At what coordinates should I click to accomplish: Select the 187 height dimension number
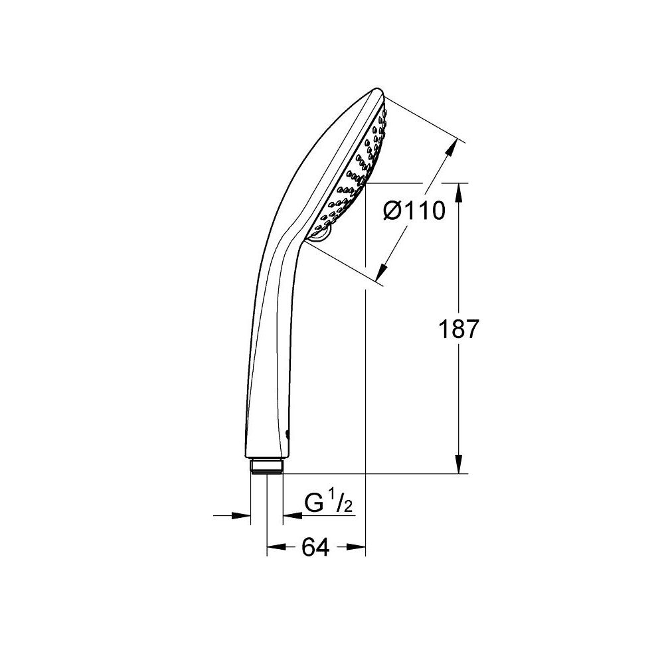(x=458, y=329)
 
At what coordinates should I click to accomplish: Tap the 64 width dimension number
(x=315, y=548)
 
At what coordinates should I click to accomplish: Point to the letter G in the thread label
(x=313, y=503)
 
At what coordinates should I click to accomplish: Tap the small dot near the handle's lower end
(x=287, y=435)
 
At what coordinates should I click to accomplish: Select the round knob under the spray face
(x=320, y=234)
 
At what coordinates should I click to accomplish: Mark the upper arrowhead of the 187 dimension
(x=459, y=190)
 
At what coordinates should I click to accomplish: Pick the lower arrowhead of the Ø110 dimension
(x=382, y=272)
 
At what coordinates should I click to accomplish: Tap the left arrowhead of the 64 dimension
(x=273, y=548)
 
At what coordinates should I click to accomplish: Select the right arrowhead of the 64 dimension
(x=359, y=548)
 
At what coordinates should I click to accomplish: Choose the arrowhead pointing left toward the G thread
(x=289, y=515)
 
